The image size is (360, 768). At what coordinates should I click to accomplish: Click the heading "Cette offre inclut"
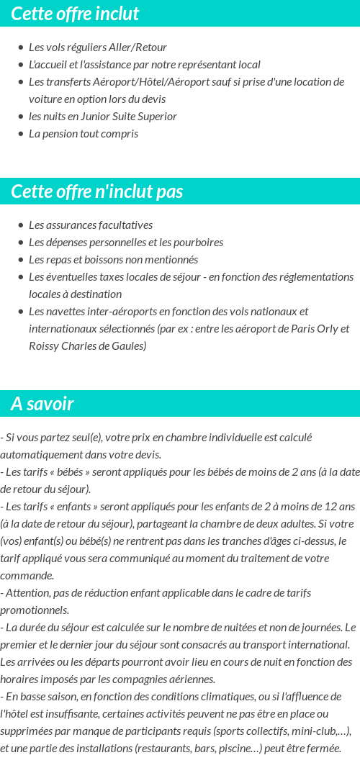75,14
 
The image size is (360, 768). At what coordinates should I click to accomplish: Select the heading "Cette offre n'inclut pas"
97,191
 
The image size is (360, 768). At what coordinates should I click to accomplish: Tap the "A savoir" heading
42,404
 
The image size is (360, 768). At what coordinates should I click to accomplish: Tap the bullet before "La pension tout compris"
20,134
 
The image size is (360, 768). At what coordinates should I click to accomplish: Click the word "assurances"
73,225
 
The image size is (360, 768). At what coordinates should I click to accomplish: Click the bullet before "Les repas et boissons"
20,260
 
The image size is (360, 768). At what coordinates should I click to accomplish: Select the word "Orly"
323,328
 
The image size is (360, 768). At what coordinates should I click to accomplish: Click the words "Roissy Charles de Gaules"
86,345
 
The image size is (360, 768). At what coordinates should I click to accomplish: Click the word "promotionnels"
33,610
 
